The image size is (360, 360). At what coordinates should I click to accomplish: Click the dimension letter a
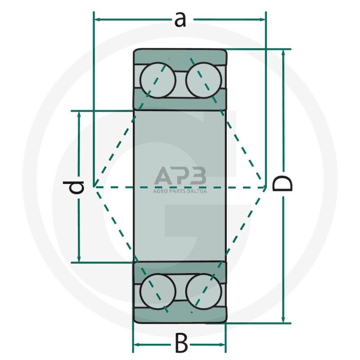[180, 20]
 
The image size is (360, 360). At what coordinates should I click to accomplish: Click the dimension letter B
[181, 344]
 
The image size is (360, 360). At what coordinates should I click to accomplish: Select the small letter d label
[73, 187]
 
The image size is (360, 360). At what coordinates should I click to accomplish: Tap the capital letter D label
[282, 184]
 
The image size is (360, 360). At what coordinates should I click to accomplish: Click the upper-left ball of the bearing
[158, 81]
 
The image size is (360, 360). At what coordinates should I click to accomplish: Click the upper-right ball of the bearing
[204, 81]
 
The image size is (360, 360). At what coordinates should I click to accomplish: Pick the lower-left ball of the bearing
[158, 292]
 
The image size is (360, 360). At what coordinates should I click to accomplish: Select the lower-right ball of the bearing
[204, 292]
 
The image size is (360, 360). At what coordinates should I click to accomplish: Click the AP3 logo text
[180, 175]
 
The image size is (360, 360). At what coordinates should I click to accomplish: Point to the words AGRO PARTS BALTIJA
[180, 191]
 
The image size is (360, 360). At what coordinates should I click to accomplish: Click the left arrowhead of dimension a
[98, 19]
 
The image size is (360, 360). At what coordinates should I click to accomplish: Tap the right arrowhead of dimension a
[262, 19]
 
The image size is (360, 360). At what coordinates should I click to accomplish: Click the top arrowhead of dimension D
[283, 53]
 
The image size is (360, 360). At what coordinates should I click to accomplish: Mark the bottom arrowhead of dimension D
[283, 319]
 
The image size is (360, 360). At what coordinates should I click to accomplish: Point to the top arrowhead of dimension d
[79, 115]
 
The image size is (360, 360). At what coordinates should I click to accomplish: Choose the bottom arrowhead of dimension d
[79, 258]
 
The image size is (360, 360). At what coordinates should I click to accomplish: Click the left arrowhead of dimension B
[137, 345]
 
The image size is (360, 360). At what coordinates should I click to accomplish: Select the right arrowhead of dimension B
[222, 345]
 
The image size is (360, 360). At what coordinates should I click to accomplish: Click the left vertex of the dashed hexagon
[94, 187]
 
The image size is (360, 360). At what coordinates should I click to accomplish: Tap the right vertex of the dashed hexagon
[266, 187]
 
